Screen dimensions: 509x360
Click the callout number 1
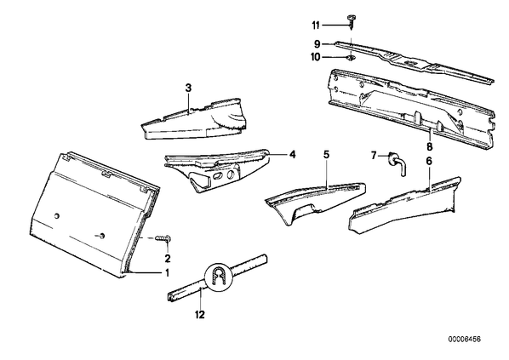tap(167, 273)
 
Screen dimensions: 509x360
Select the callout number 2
tap(168, 259)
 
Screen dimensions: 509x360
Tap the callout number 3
tap(189, 88)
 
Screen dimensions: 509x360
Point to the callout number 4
tap(293, 155)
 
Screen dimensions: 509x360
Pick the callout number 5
tap(326, 155)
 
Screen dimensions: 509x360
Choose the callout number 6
tap(429, 162)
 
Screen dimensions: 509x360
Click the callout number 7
tap(374, 156)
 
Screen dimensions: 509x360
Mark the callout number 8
tap(430, 146)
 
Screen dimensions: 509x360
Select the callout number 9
tap(317, 43)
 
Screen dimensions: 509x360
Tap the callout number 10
tap(316, 58)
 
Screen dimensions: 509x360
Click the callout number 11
tap(316, 26)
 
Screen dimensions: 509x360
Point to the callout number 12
tap(200, 314)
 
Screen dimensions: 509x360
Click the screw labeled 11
tap(352, 22)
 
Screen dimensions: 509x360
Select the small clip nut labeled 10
tap(351, 58)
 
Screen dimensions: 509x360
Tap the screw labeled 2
tap(163, 238)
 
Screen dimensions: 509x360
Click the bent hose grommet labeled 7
tap(397, 163)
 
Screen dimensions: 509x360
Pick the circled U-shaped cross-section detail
tap(219, 275)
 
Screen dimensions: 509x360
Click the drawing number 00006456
tap(465, 340)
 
